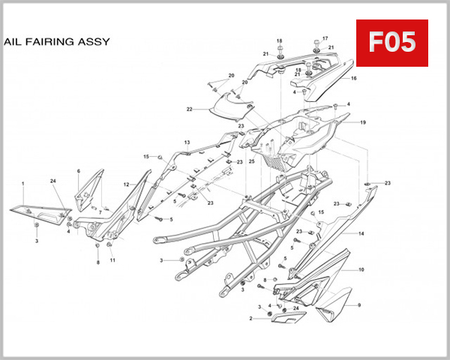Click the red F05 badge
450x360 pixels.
pos(391,42)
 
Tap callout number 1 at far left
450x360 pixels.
pos(22,183)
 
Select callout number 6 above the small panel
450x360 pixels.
pos(79,171)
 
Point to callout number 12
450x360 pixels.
pos(127,184)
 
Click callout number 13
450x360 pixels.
pos(187,142)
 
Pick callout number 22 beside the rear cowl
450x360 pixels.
pos(190,109)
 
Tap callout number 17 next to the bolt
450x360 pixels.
pos(325,38)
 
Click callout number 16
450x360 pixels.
pos(353,78)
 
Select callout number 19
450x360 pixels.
pos(362,122)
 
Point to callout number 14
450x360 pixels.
pos(361,234)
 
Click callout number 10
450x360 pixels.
pos(361,269)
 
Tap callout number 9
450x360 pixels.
pos(358,305)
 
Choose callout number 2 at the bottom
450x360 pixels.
pos(250,319)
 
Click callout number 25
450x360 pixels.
pos(252,161)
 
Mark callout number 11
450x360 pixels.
pos(112,260)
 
